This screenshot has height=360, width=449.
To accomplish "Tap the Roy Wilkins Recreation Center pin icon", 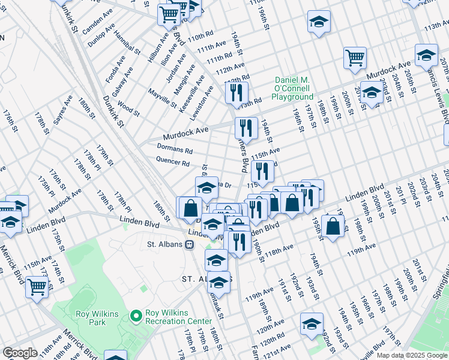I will [136, 314].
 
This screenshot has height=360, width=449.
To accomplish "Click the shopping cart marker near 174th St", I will [37, 287].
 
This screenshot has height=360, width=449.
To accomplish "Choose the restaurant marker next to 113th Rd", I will [237, 92].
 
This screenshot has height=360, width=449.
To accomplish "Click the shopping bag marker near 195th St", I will [332, 226].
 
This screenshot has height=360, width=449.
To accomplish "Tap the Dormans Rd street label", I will [174, 149].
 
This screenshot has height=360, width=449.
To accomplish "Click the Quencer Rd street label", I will [173, 163].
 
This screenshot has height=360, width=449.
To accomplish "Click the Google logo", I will [20, 353].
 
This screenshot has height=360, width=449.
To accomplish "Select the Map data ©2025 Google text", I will [412, 355].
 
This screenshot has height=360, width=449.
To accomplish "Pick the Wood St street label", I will [129, 109].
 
